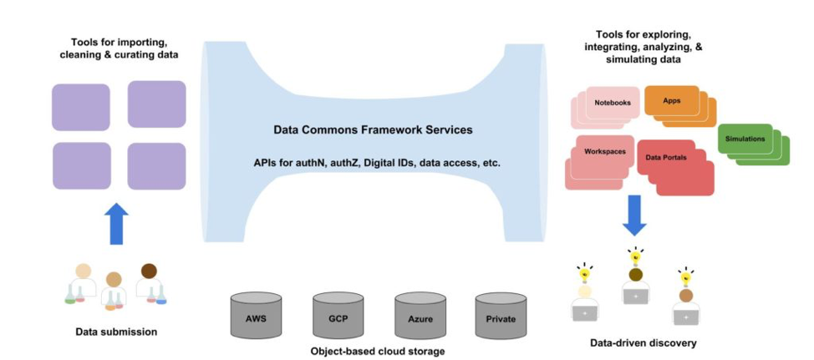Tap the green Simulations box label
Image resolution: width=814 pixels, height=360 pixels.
745,139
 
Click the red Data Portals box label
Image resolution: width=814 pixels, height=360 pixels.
666,156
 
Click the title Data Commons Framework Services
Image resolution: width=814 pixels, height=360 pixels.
373,130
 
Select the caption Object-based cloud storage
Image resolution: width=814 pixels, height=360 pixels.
377,351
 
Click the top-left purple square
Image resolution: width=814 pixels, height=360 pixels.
81,107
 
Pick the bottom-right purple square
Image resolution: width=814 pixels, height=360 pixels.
156,165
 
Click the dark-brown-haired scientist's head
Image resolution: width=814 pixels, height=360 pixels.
149,271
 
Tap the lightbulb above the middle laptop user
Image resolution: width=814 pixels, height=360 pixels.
636,254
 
